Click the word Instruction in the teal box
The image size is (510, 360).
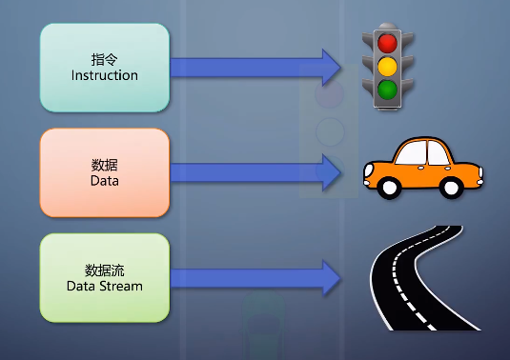tap(105, 75)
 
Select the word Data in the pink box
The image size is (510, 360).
tap(105, 180)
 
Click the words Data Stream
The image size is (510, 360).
tap(105, 286)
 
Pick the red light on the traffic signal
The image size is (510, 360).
tap(386, 43)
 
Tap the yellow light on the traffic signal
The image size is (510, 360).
tap(386, 67)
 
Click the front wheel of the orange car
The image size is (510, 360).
tap(389, 188)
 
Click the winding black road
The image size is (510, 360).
tap(410, 276)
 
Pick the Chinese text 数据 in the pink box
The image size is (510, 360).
tap(105, 165)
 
